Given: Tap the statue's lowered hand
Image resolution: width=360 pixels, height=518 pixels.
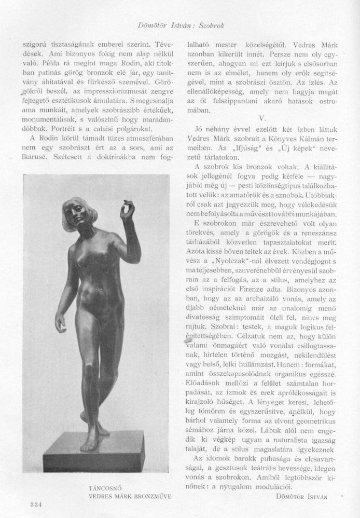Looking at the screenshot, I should tap(63, 326).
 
